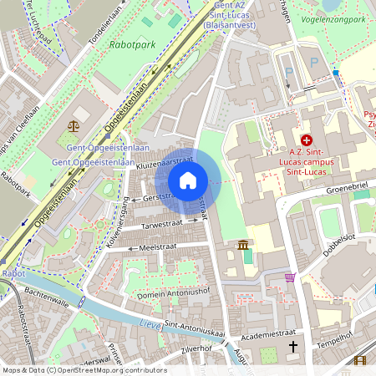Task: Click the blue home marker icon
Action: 188,180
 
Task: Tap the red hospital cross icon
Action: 306,140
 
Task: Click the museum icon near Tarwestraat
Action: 242,245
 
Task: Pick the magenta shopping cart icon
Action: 290,277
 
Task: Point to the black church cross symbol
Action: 293,345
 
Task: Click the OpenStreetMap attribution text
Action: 84,370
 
